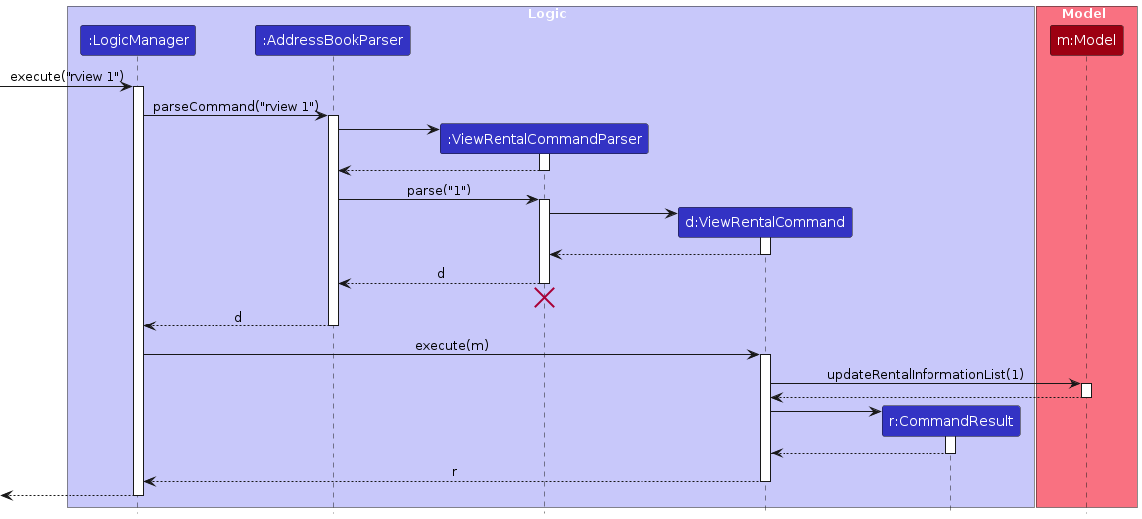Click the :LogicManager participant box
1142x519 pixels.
137,40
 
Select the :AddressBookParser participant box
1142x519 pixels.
333,40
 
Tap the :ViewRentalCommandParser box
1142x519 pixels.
544,139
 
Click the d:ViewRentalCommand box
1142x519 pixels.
765,222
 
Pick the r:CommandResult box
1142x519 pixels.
950,421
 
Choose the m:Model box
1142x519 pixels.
1086,40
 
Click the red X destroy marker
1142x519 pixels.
544,297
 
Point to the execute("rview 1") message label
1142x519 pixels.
66,77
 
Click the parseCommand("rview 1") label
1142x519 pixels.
235,106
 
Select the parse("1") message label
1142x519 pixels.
438,191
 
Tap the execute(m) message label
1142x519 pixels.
452,345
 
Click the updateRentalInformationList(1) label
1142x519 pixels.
925,374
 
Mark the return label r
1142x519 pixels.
455,472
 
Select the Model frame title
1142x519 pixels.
1085,13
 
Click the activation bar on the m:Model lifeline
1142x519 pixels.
1086,390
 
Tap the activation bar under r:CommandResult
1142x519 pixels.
950,445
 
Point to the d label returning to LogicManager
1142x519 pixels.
238,317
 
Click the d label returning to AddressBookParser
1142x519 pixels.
441,273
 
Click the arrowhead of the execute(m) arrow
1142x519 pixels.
754,355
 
